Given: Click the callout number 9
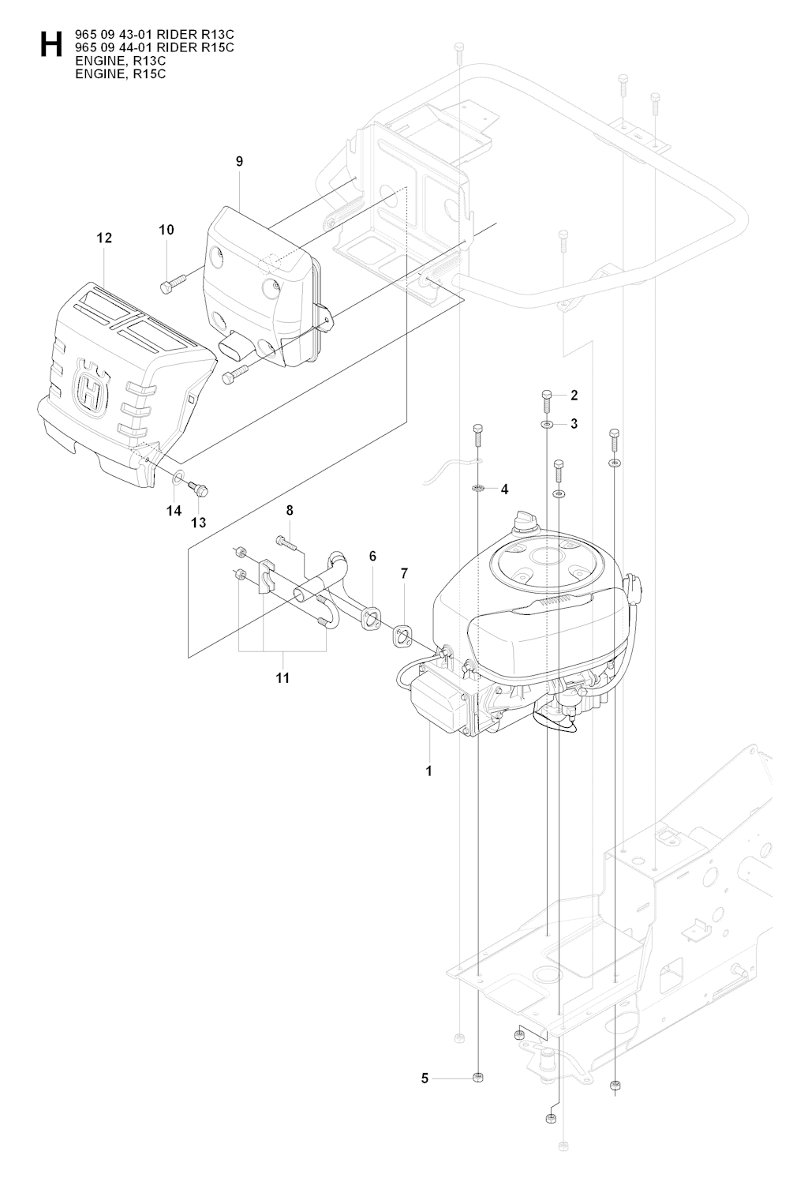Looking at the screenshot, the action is pyautogui.click(x=239, y=161).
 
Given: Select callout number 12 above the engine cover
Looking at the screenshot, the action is pyautogui.click(x=104, y=238).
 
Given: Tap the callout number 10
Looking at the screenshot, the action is pyautogui.click(x=166, y=230).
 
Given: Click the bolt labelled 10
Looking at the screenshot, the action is pyautogui.click(x=173, y=283).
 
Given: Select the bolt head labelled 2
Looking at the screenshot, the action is pyautogui.click(x=547, y=395).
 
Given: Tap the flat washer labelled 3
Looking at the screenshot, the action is pyautogui.click(x=547, y=424).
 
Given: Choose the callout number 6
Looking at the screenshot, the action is pyautogui.click(x=372, y=556).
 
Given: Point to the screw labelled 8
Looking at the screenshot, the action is pyautogui.click(x=286, y=542).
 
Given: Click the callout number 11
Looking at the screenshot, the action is pyautogui.click(x=282, y=678).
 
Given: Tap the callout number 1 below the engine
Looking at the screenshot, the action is pyautogui.click(x=428, y=771).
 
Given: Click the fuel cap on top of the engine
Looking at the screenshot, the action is pyautogui.click(x=525, y=521).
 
